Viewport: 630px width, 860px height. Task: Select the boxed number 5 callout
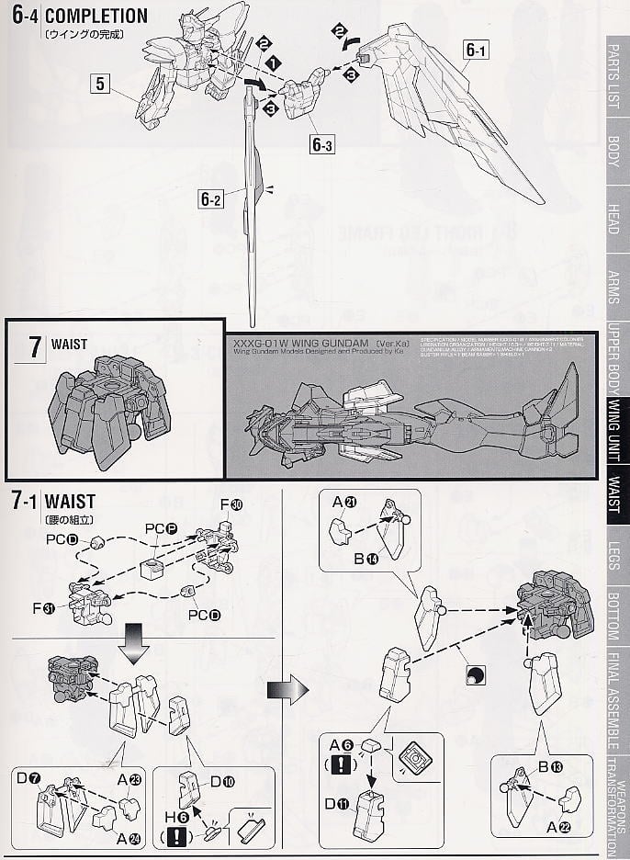point(101,85)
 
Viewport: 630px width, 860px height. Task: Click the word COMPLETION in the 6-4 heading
point(96,16)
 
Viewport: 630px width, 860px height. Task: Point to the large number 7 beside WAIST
point(35,346)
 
